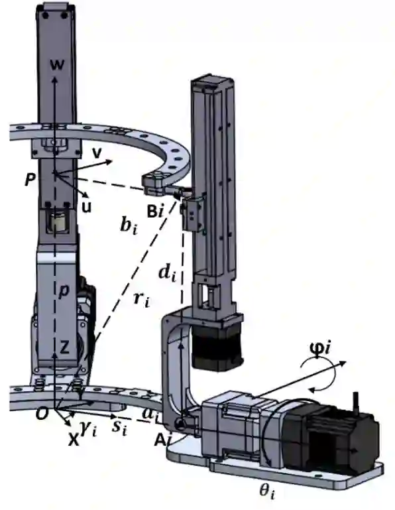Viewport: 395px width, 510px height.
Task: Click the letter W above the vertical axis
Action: point(57,65)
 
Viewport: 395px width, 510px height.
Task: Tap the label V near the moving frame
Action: point(96,153)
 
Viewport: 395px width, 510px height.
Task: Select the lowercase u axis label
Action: point(86,207)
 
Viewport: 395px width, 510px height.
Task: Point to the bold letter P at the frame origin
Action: point(30,179)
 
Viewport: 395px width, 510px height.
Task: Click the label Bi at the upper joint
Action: point(154,212)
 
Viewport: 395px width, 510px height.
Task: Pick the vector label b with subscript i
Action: point(129,225)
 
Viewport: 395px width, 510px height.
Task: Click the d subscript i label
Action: point(168,274)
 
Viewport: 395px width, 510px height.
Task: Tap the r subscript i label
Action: point(142,298)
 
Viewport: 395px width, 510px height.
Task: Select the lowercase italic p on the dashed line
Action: point(64,290)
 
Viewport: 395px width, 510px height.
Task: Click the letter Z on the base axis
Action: point(65,348)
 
